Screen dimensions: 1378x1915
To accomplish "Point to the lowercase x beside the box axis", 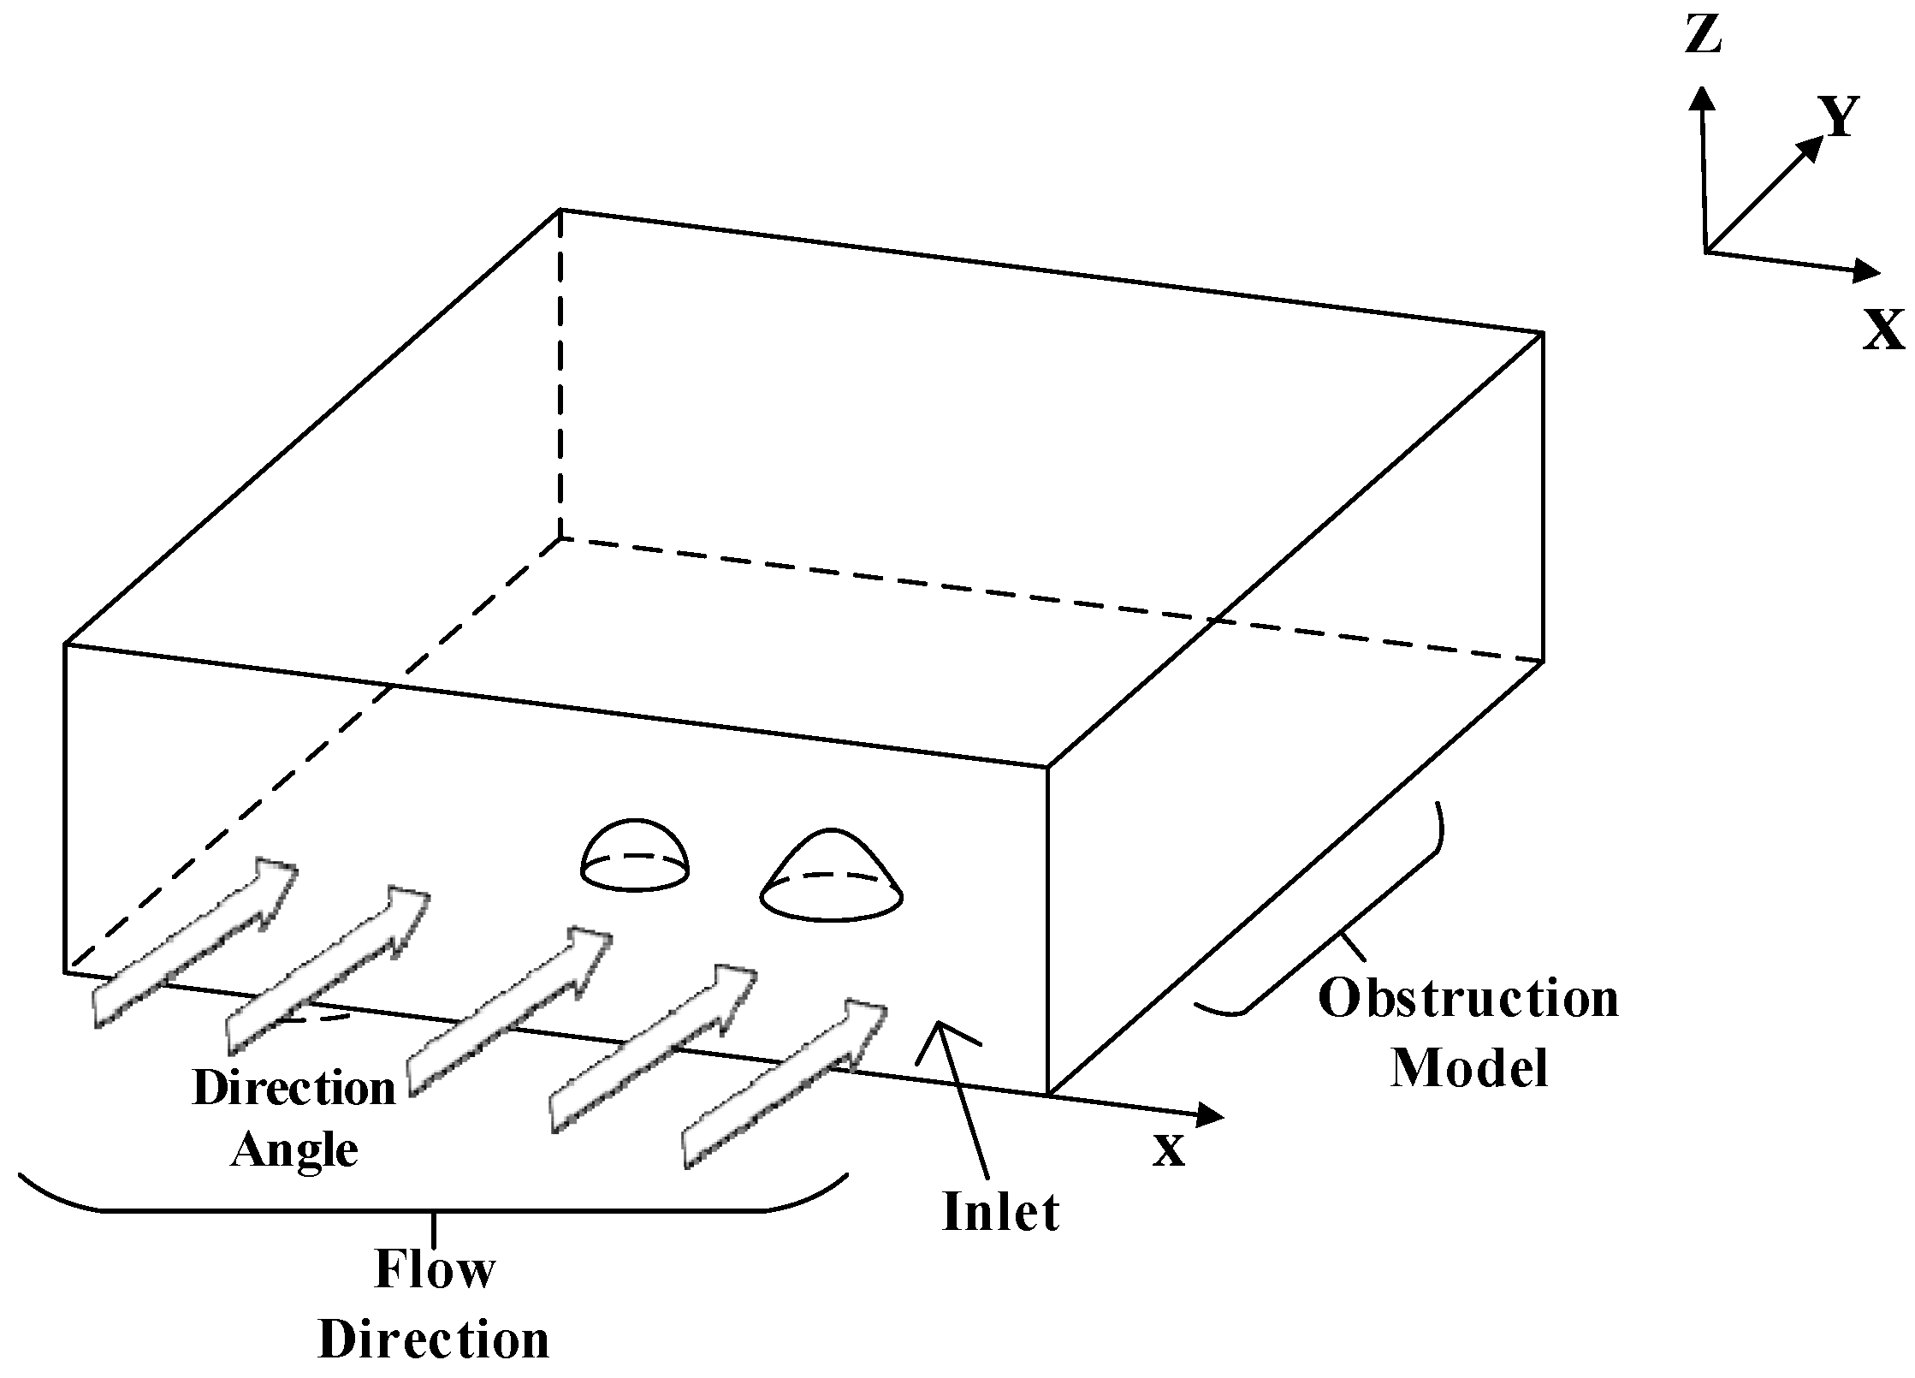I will click(x=1168, y=1150).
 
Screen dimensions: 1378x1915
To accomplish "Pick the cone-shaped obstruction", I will click(x=832, y=877).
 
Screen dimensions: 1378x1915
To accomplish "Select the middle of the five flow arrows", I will click(x=509, y=1009).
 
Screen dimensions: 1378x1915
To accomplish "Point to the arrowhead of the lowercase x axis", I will click(x=1210, y=1114).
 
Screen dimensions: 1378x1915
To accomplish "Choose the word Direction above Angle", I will click(x=294, y=1089).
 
